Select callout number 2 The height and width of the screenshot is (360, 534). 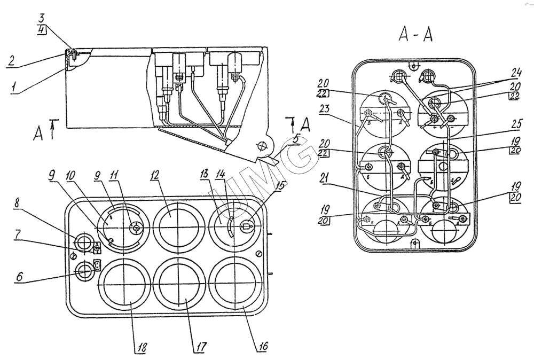click(x=11, y=60)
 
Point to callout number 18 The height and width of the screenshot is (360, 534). click(x=142, y=347)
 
